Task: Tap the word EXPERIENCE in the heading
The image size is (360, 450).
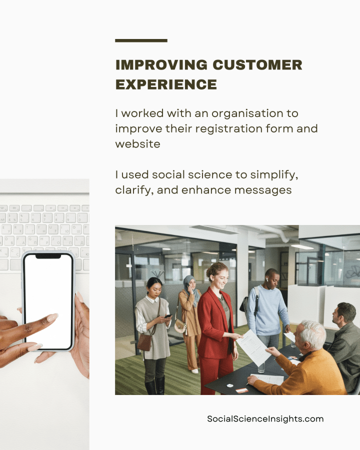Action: (166, 84)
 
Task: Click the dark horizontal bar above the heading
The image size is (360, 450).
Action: (141, 40)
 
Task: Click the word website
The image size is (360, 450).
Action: (137, 143)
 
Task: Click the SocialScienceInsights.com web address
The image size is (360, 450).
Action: (265, 419)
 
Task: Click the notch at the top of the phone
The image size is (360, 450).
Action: (48, 256)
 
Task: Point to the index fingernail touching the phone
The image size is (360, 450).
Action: (51, 317)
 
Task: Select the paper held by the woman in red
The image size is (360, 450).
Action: (253, 346)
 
